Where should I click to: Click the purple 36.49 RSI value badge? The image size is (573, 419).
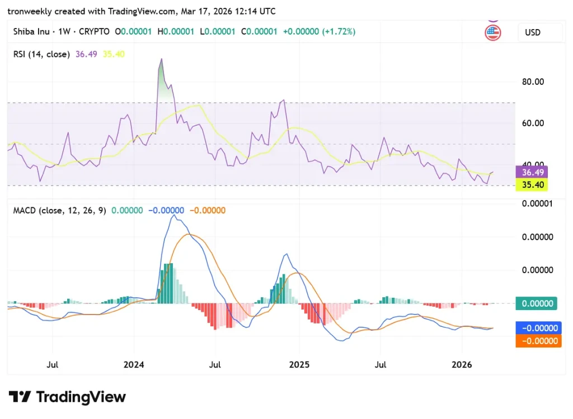pos(532,172)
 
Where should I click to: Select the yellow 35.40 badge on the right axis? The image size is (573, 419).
pos(532,184)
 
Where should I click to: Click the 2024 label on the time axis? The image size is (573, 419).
pos(134,365)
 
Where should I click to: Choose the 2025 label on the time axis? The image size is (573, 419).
pos(299,365)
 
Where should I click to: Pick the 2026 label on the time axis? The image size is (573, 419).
pos(462,365)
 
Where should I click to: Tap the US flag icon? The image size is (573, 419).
pos(492,33)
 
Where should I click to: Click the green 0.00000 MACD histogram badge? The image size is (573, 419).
pos(538,304)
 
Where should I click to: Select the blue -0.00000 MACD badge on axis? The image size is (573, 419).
pos(538,328)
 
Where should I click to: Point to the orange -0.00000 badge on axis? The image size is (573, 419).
pos(538,341)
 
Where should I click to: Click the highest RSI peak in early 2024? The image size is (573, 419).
pos(161,59)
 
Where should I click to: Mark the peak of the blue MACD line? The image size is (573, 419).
pos(173,216)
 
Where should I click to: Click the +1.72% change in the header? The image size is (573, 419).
pos(340,32)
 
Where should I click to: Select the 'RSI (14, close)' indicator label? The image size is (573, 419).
pos(42,54)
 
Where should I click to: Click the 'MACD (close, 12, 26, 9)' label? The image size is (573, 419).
pos(60,210)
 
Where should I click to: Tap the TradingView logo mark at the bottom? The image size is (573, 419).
pos(21,397)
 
